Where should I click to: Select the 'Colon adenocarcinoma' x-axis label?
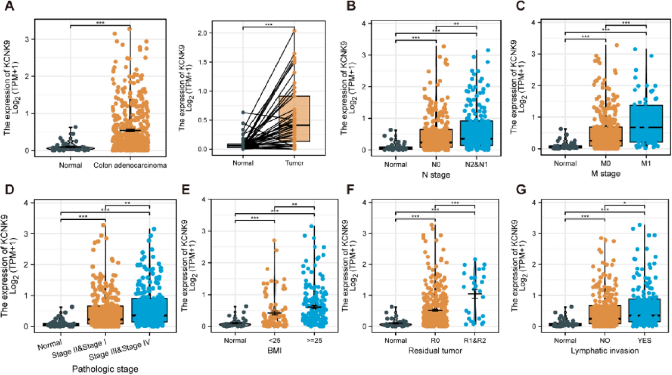[130, 165]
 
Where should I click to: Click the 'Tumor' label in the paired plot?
[294, 163]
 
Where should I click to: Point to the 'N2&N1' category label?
[476, 165]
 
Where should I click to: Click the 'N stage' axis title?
[436, 174]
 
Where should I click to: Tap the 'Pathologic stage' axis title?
[105, 369]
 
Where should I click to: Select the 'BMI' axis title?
[274, 351]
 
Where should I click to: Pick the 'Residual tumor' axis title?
[435, 351]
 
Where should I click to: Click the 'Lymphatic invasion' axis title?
[605, 351]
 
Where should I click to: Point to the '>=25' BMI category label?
[314, 341]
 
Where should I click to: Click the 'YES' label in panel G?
[644, 341]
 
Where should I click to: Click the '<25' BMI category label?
[274, 341]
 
